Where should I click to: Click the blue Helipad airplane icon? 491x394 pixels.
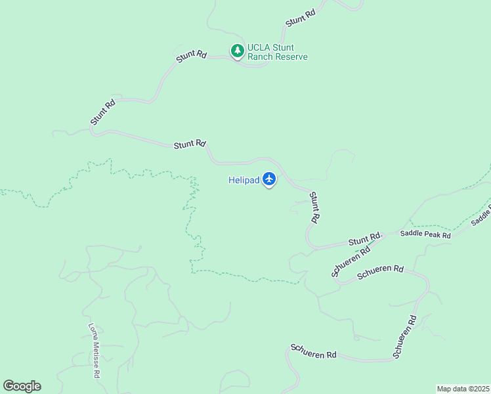pyautogui.click(x=269, y=179)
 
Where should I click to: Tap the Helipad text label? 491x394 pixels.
pyautogui.click(x=243, y=181)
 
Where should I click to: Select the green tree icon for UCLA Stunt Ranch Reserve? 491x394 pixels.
pyautogui.click(x=237, y=50)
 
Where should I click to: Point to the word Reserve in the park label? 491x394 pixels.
pyautogui.click(x=291, y=57)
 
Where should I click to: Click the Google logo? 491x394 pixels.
pyautogui.click(x=22, y=386)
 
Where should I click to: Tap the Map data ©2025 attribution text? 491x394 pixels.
pyautogui.click(x=463, y=388)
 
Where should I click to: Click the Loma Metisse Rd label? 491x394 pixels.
pyautogui.click(x=95, y=351)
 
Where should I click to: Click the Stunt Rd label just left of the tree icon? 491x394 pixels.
pyautogui.click(x=192, y=57)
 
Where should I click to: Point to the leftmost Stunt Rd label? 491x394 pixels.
pyautogui.click(x=103, y=112)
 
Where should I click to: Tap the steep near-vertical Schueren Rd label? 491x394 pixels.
pyautogui.click(x=405, y=336)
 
